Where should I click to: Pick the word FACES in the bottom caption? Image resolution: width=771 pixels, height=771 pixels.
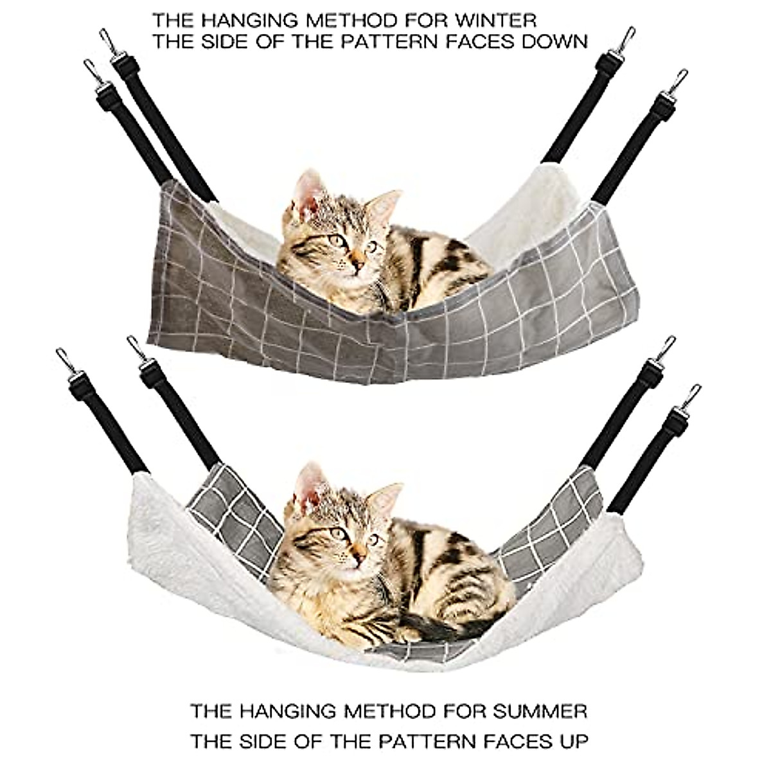tap(510, 741)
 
